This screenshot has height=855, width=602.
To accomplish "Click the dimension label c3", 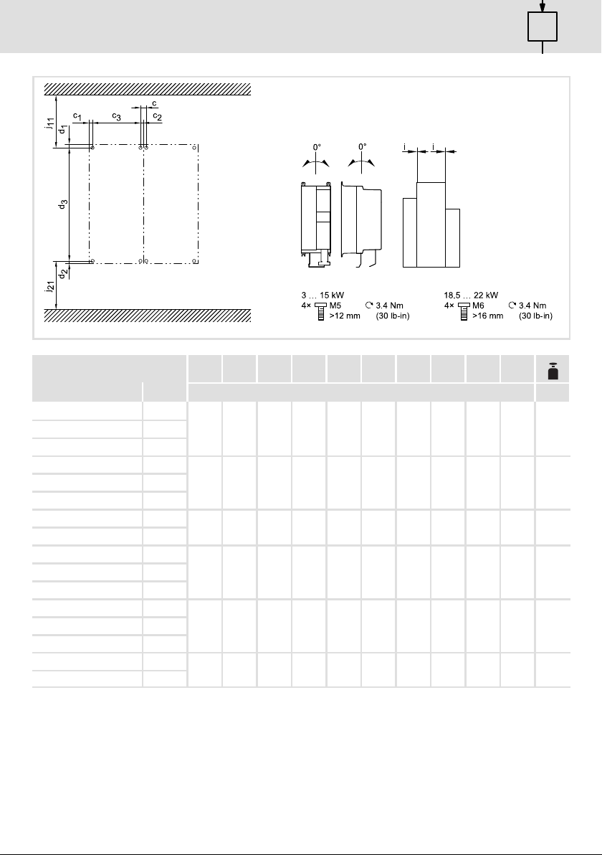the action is point(117,116).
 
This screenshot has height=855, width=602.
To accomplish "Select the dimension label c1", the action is point(77,116).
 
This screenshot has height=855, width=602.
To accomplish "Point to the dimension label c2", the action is point(157,116).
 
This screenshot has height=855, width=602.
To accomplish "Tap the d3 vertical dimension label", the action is point(63,204).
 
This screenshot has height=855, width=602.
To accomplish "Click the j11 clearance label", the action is point(49,124).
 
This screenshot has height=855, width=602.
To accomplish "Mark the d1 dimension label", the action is point(63,130).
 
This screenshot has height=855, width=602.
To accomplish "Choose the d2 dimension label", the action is point(63,274).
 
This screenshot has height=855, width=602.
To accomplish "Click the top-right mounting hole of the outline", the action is point(195,146).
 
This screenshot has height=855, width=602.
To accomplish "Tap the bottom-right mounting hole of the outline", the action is point(195,261).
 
